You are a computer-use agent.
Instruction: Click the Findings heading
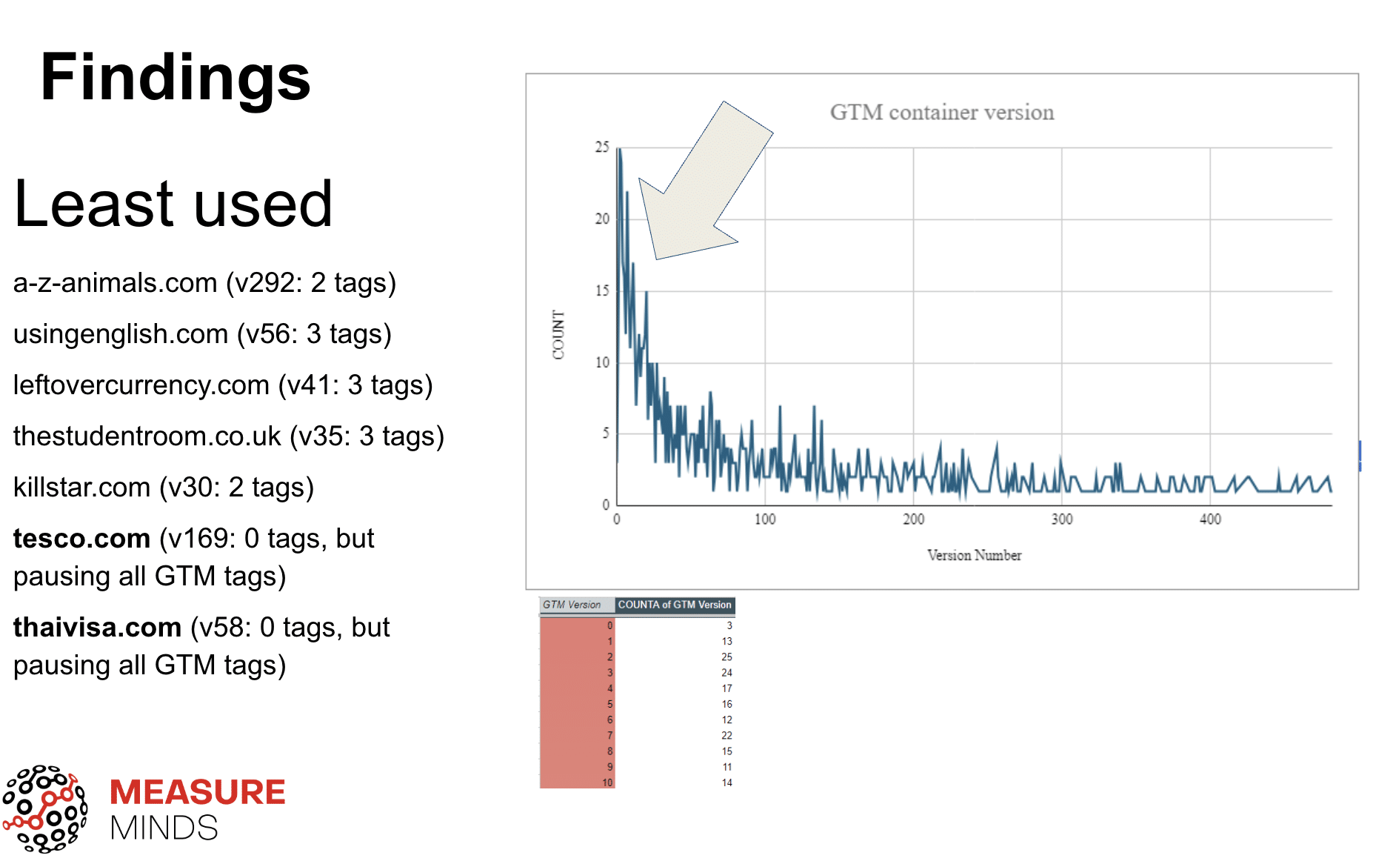(x=175, y=78)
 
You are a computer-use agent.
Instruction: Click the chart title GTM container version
(x=941, y=113)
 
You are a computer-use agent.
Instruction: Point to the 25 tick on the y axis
(x=602, y=147)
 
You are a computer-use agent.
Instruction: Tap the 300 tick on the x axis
(x=1061, y=519)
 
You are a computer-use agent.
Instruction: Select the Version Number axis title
(x=974, y=555)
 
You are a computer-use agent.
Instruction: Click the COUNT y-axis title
(x=558, y=335)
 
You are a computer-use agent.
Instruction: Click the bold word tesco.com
(x=82, y=539)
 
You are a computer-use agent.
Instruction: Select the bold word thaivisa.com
(x=97, y=628)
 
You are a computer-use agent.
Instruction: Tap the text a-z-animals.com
(x=115, y=283)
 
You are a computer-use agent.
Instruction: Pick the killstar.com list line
(x=163, y=488)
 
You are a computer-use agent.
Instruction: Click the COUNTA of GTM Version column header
(x=674, y=605)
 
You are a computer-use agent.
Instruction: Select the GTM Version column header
(x=572, y=605)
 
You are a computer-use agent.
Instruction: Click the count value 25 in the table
(x=726, y=657)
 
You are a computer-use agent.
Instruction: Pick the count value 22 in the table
(x=726, y=736)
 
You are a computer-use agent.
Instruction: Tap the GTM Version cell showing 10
(x=607, y=782)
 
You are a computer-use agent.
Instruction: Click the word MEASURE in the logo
(x=197, y=792)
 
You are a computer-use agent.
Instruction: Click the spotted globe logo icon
(x=44, y=809)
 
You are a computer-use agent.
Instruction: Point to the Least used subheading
(x=173, y=204)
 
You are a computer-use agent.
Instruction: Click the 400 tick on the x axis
(x=1210, y=519)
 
